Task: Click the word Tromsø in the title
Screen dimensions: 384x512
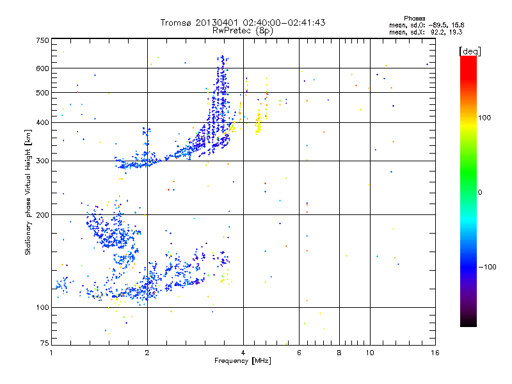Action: (177, 22)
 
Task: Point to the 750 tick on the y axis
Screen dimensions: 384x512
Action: (42, 40)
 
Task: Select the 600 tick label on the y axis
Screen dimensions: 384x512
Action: (42, 68)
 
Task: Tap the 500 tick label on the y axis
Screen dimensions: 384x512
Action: (42, 93)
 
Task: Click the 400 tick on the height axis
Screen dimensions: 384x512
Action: (42, 123)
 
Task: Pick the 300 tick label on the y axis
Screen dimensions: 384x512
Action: (42, 161)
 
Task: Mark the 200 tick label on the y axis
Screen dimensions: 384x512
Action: (42, 215)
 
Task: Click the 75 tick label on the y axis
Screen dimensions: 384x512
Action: (44, 344)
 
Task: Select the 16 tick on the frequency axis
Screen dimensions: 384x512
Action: (435, 352)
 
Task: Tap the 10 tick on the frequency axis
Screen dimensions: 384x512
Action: (369, 352)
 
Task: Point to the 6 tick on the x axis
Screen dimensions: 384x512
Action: (300, 352)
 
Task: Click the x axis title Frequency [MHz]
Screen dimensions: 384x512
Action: (242, 361)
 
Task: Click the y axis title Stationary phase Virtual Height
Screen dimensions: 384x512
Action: (28, 192)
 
